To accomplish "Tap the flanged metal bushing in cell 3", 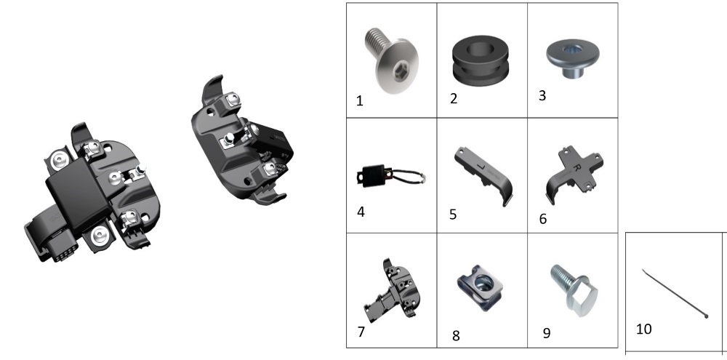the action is (x=572, y=59).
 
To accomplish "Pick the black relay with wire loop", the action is (x=387, y=177).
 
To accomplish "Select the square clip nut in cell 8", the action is (x=480, y=287).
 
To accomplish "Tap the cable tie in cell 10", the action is (x=675, y=294).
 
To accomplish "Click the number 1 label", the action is (x=359, y=101).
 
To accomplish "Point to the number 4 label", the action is (x=361, y=212).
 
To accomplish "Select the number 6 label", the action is (x=543, y=218).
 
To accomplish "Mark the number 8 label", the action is (x=456, y=336).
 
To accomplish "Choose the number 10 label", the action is (x=643, y=329).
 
